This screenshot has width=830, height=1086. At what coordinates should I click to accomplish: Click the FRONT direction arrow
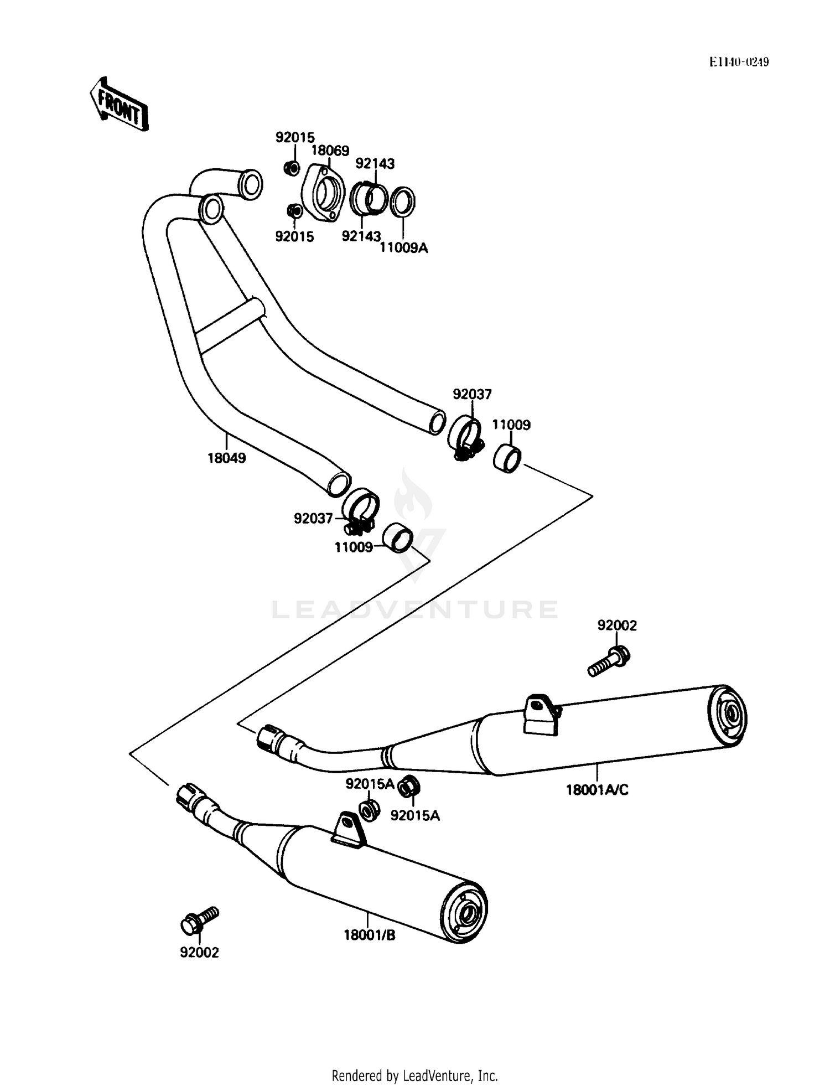pyautogui.click(x=119, y=103)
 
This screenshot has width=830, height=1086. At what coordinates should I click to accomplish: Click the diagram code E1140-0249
pyautogui.click(x=739, y=62)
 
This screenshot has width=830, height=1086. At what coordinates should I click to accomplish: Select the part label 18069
pyautogui.click(x=330, y=151)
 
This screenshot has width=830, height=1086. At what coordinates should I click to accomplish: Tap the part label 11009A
pyautogui.click(x=403, y=247)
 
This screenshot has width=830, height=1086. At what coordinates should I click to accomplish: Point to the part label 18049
pyautogui.click(x=227, y=458)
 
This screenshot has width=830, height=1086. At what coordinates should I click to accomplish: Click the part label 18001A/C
pyautogui.click(x=597, y=790)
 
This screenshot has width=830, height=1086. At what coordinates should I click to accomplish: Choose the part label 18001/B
pyautogui.click(x=370, y=935)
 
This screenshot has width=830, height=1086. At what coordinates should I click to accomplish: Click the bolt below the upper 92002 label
pyautogui.click(x=609, y=661)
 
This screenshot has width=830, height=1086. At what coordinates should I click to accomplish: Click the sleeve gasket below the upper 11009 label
pyautogui.click(x=507, y=458)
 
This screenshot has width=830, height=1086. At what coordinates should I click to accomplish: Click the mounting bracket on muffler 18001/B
pyautogui.click(x=349, y=830)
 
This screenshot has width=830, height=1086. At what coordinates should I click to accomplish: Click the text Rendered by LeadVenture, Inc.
pyautogui.click(x=415, y=1076)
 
